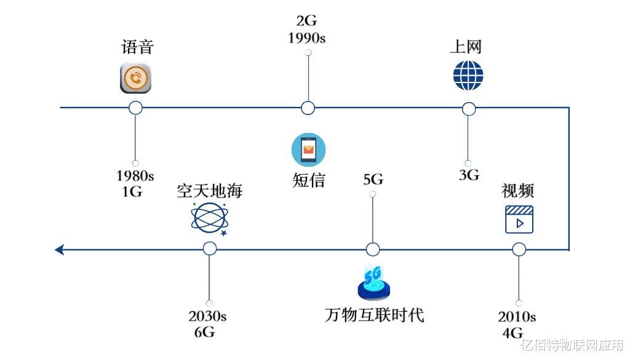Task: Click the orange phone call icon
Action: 136,78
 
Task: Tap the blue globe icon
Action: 468,76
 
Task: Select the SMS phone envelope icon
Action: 309,150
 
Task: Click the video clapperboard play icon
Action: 519,219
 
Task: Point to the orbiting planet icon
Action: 210,219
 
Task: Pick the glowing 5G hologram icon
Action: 373,282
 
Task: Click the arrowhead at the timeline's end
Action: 60,249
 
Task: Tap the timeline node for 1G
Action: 135,108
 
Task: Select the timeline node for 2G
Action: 308,108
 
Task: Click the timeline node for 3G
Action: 468,109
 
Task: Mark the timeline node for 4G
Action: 519,249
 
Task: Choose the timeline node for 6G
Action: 209,249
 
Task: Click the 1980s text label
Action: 135,176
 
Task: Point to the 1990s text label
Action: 306,38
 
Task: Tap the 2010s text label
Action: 517,317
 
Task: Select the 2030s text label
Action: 207,316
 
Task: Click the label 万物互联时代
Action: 375,314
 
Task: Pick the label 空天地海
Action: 210,190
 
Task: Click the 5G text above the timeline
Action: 373,179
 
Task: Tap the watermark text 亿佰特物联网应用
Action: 572,345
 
